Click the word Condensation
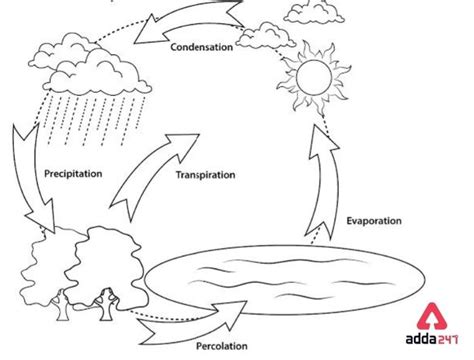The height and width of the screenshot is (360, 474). pyautogui.click(x=201, y=47)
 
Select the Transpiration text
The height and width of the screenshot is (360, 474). pyautogui.click(x=205, y=174)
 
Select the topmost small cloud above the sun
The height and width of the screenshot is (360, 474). pyautogui.click(x=314, y=12)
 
